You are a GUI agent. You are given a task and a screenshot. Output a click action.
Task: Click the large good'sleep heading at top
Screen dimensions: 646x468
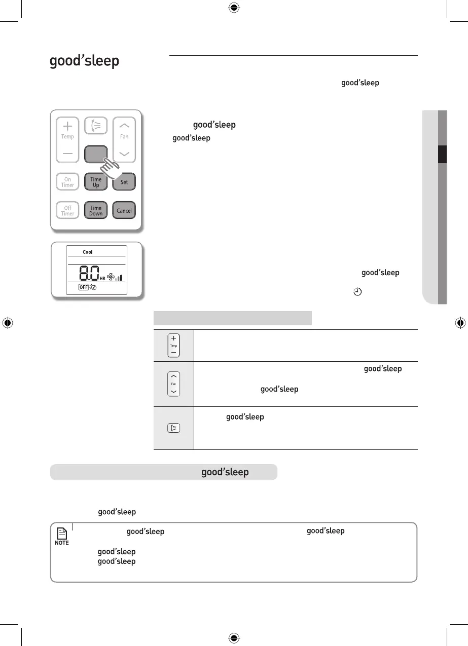tap(84, 61)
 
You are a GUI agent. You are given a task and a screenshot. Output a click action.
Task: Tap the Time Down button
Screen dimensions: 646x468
tap(96, 211)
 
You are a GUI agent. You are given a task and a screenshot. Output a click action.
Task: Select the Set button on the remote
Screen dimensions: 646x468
tap(124, 182)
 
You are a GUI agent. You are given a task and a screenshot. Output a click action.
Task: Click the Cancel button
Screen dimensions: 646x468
tap(124, 211)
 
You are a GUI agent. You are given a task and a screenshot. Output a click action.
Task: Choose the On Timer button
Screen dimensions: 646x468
tap(67, 182)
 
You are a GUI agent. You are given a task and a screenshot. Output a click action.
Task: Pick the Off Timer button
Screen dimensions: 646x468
tap(67, 211)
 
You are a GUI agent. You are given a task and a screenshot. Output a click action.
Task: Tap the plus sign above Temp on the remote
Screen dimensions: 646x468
tap(67, 127)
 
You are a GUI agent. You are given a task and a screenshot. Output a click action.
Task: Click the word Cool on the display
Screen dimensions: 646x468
tap(88, 252)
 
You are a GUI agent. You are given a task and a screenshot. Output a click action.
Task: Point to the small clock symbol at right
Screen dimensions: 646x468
tap(357, 292)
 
